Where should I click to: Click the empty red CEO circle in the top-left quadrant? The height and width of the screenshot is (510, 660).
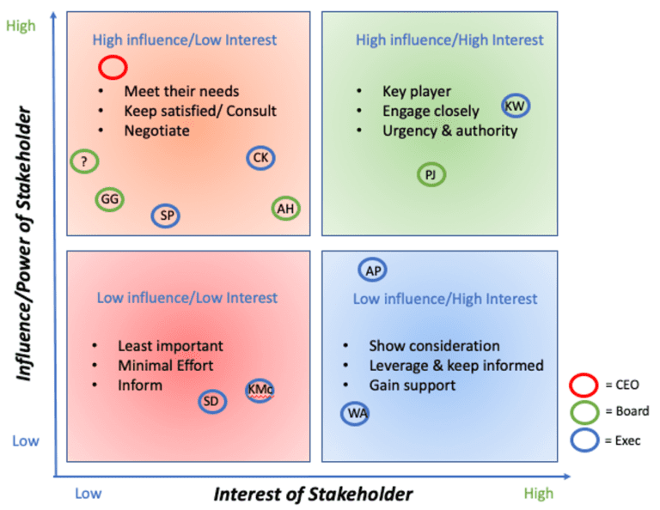click(x=113, y=66)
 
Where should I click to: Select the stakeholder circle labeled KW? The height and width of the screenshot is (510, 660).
click(x=516, y=106)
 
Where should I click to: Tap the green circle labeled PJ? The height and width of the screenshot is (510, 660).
click(x=431, y=175)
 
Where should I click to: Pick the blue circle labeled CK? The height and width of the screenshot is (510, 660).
click(x=261, y=158)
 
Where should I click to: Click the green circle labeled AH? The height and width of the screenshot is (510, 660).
click(x=286, y=208)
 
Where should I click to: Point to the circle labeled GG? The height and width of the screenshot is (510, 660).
click(x=109, y=199)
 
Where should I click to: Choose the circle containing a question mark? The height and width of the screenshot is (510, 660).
click(x=83, y=161)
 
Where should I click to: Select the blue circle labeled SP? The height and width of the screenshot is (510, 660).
click(x=166, y=216)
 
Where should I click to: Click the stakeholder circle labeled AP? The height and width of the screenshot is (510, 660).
click(x=373, y=270)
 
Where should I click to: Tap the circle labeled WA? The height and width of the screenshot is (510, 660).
click(x=354, y=414)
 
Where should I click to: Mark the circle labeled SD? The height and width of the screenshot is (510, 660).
click(x=212, y=401)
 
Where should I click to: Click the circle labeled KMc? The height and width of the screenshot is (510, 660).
click(x=260, y=390)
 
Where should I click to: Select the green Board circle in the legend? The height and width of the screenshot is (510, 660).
click(x=585, y=411)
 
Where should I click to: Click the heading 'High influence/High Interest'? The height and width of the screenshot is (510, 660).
click(x=449, y=39)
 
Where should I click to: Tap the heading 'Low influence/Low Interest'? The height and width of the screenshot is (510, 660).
click(x=186, y=298)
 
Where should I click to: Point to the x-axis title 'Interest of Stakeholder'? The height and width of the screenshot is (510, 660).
click(x=313, y=494)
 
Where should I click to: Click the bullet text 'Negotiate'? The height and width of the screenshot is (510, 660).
click(x=156, y=131)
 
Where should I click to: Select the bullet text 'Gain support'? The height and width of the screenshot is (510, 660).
click(x=412, y=386)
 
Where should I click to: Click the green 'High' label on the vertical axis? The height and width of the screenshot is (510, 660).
click(x=21, y=26)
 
